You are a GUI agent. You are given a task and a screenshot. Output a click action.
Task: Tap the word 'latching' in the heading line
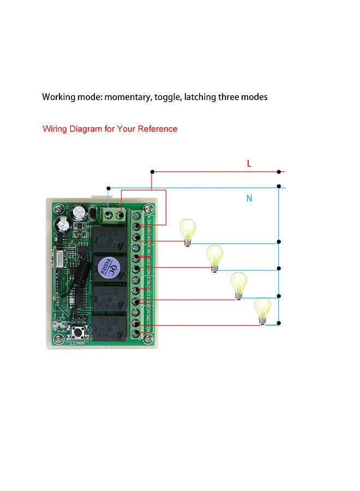pos(200,98)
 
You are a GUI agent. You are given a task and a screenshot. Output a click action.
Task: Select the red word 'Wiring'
pos(56,129)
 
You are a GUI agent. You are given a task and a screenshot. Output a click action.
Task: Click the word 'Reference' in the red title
pos(157,129)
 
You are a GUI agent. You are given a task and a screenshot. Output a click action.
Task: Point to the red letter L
pos(249,163)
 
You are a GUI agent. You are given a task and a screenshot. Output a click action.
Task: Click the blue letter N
pos(249,199)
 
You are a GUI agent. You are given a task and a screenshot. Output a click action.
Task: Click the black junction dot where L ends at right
pos(279,172)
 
